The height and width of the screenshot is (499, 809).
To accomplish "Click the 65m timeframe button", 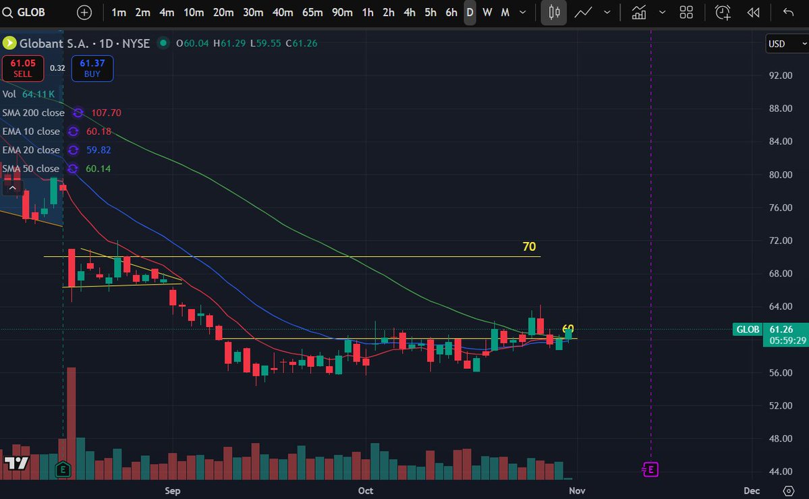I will point(312,12).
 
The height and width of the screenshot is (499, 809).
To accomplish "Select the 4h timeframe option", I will point(410,12).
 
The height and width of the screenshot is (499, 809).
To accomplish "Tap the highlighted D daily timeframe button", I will point(470,12).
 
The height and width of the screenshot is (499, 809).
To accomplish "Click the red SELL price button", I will point(23,67).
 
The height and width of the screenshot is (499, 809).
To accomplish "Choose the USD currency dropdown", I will point(786,44).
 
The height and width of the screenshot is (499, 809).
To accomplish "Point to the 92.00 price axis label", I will point(780,76).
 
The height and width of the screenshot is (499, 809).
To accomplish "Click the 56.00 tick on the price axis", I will point(780,373).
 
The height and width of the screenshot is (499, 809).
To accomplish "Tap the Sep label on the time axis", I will point(173,490).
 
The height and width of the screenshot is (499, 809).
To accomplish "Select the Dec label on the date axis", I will point(752,490).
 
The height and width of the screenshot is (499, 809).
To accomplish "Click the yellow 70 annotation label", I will point(529,247).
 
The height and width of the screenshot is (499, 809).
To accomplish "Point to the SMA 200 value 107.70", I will point(107,113).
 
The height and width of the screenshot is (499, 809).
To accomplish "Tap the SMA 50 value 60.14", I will point(98,169).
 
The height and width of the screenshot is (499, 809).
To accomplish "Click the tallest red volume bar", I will point(72,423).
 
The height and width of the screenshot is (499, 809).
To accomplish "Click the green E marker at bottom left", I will point(63,467).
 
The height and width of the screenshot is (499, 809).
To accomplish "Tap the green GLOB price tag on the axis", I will point(748,329).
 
